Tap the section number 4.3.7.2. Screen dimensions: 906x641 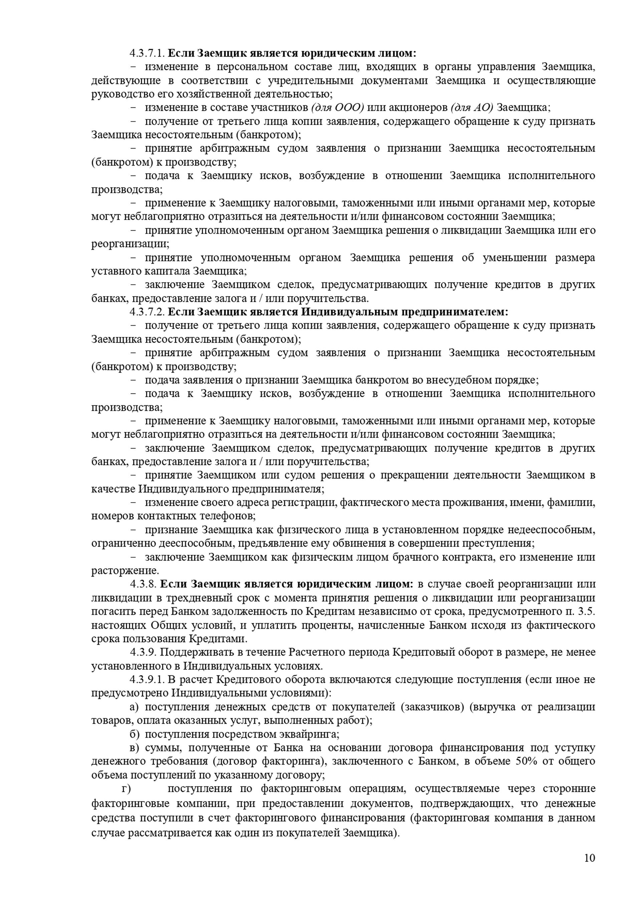pos(147,312)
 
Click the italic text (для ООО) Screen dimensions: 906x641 pos(338,107)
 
